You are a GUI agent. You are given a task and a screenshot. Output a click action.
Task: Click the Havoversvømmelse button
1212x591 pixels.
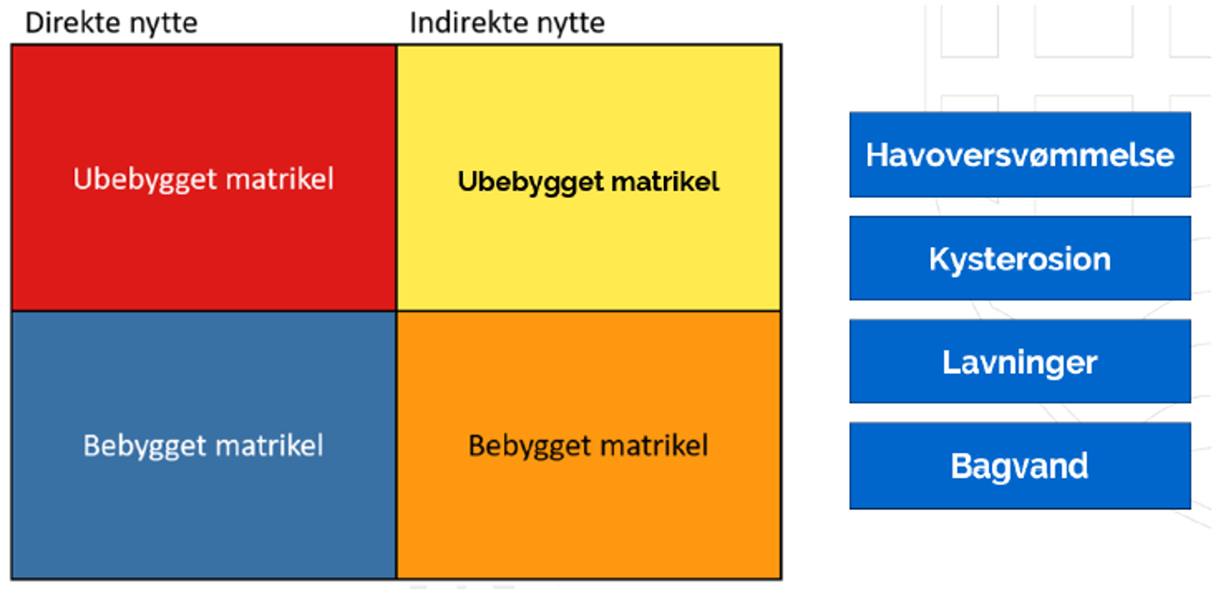[1020, 155]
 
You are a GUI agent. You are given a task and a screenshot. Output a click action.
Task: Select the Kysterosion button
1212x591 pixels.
[1020, 258]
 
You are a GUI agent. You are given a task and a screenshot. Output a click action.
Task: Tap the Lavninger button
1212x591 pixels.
[1020, 361]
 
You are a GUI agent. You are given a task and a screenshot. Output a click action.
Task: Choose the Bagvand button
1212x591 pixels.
[1020, 465]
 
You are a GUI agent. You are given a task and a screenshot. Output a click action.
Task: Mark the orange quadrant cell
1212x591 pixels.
[589, 512]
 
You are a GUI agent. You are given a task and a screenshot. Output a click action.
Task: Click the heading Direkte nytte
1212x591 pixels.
[111, 23]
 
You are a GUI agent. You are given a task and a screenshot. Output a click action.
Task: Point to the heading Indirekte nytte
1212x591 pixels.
[507, 23]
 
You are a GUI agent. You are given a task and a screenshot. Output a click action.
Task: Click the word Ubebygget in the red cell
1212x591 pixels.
[136, 180]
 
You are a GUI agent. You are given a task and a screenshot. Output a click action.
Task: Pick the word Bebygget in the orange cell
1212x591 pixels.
[527, 446]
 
